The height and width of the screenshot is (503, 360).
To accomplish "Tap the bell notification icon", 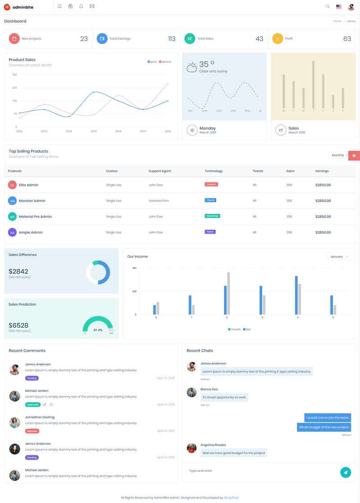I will pos(81,6).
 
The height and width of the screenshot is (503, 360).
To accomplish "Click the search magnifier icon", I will pos(328,7).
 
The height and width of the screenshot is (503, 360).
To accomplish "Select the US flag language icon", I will pos(339,7).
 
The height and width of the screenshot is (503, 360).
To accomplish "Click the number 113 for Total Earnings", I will pos(171,39).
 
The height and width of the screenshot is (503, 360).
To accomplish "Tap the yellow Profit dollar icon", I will pos(278,39).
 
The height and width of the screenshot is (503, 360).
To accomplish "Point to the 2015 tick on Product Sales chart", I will pos(94,131).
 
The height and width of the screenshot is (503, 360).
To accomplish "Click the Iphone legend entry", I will pos(165,62).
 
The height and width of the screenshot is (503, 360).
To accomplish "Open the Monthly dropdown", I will pos(339,155).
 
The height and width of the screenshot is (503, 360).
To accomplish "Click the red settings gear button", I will pos(354,155).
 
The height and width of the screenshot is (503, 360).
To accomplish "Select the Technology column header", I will pos(214,171).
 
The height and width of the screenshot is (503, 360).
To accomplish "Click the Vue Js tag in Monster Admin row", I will pos(211,200).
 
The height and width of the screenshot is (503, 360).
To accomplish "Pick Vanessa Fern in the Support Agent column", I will pos(159,201).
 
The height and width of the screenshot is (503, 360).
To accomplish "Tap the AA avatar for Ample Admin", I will pos(12,232).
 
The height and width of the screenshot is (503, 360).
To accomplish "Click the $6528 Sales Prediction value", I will pos(18,325).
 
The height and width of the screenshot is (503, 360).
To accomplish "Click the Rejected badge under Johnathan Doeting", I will pos(32,431).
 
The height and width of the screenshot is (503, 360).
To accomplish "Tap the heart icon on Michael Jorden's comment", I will pos(51,404).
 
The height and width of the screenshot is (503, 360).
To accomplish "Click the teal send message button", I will pos(346,472).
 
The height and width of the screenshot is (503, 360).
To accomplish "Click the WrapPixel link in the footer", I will pos(231,498).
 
